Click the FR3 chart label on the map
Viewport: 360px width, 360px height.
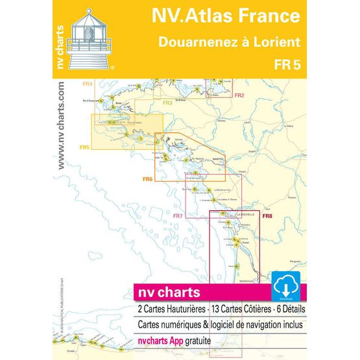point(167,103)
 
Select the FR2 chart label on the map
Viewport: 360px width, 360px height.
point(239,96)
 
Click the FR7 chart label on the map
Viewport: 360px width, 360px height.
point(178,215)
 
